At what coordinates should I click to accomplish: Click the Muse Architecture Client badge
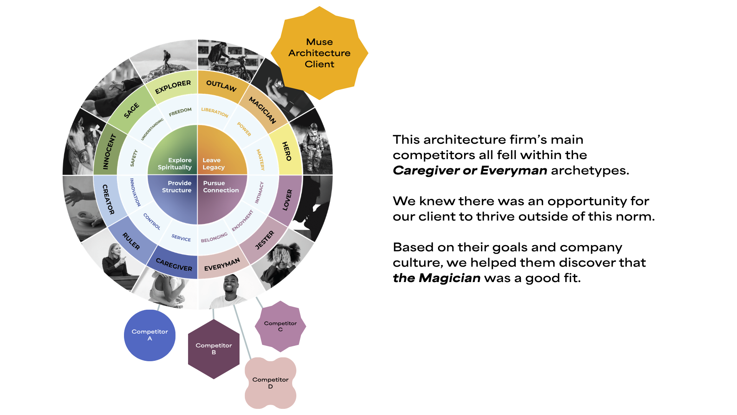(319, 53)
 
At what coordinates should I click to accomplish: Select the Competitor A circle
(150, 335)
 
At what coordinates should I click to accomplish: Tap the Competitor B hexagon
(214, 349)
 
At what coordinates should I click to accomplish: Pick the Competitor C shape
(280, 326)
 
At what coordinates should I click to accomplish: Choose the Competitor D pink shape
(270, 383)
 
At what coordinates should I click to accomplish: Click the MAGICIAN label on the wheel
(263, 110)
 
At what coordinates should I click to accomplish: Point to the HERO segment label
(287, 151)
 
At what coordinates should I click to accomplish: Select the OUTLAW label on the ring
(221, 85)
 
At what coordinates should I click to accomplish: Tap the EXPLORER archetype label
(173, 87)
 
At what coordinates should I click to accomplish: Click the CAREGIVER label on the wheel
(174, 264)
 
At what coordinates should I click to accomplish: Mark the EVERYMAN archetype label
(222, 264)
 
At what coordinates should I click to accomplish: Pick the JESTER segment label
(265, 240)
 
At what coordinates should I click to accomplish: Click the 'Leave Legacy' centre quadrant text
(213, 164)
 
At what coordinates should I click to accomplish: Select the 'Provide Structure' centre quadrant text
(177, 187)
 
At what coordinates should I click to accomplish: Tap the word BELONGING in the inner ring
(214, 237)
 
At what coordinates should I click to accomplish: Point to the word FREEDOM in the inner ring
(180, 112)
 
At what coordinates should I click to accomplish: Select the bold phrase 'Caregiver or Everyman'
(470, 170)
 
